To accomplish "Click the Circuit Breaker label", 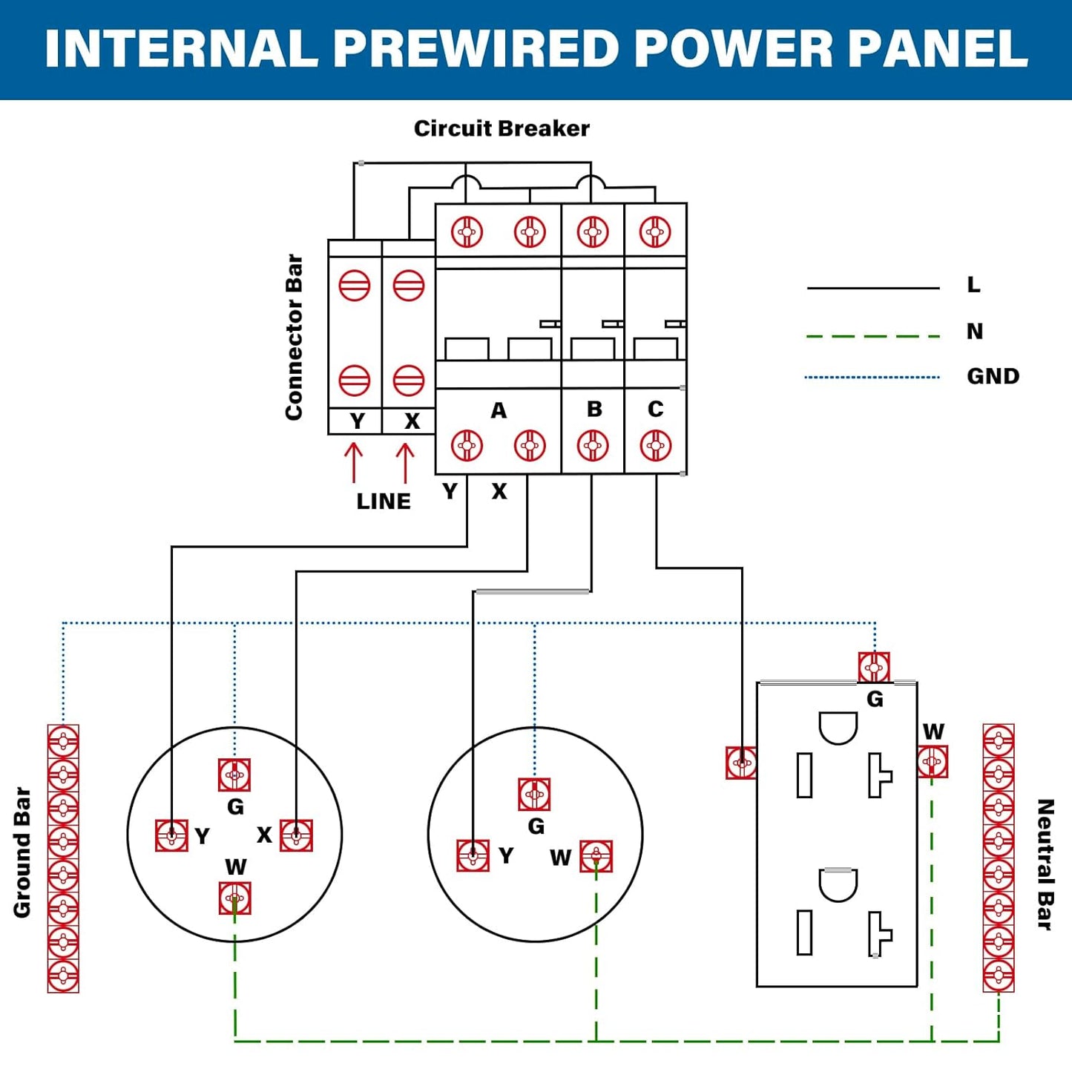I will pyautogui.click(x=502, y=128).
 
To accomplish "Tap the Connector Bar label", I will pyautogui.click(x=295, y=338).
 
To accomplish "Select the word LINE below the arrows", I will pyautogui.click(x=383, y=502).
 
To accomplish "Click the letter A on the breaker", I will pyautogui.click(x=499, y=410).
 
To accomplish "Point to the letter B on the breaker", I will pyautogui.click(x=594, y=409).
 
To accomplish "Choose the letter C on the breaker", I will pyautogui.click(x=655, y=409).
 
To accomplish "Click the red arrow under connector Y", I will pyautogui.click(x=354, y=462).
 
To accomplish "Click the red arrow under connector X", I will pyautogui.click(x=405, y=462).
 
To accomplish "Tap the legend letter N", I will pyautogui.click(x=975, y=332).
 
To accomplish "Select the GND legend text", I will pyautogui.click(x=993, y=376).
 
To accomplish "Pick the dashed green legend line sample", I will pyautogui.click(x=872, y=336).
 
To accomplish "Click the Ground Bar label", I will pyautogui.click(x=22, y=852).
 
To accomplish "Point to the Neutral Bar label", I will pyautogui.click(x=1045, y=864).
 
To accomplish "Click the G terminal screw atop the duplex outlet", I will pyautogui.click(x=874, y=668).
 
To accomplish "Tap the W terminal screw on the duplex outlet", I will pyautogui.click(x=932, y=762).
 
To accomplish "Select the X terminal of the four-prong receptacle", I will pyautogui.click(x=296, y=836).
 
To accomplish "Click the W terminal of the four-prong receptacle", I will pyautogui.click(x=235, y=898).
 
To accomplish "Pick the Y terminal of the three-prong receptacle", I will pyautogui.click(x=473, y=856).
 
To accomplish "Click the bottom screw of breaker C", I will pyautogui.click(x=656, y=446).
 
